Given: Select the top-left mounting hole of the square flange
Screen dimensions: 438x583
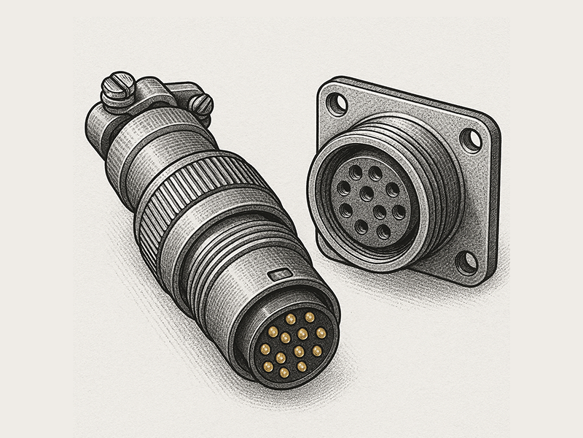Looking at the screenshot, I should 337,104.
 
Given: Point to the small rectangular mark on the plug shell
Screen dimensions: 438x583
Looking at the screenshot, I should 279,275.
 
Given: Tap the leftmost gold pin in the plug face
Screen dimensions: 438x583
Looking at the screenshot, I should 264,345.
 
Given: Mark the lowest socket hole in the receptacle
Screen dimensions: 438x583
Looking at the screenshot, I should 383,233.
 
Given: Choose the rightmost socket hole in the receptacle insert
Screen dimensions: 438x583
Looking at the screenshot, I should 399,212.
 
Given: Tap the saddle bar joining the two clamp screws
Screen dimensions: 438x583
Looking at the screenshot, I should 157,93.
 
